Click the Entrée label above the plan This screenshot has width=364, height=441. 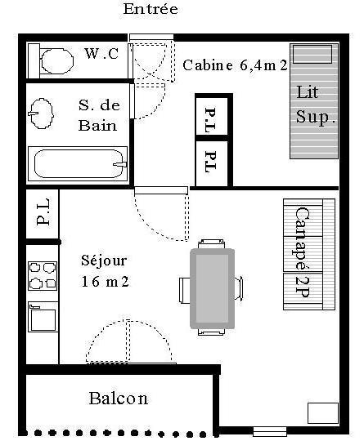(151, 9)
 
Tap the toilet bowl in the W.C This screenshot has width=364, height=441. (57, 61)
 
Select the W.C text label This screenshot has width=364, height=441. (101, 53)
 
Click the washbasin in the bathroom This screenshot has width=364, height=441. (42, 114)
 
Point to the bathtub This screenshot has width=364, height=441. (78, 163)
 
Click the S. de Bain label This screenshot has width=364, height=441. (99, 115)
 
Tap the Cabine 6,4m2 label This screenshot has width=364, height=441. (235, 65)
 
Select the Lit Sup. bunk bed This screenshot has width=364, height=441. (314, 101)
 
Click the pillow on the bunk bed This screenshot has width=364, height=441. (312, 54)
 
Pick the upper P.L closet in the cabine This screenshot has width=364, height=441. (212, 117)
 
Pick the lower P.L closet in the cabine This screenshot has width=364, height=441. (212, 163)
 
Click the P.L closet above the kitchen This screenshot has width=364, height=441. (43, 214)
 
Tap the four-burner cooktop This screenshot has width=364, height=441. (43, 276)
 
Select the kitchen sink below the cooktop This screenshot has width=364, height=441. (43, 317)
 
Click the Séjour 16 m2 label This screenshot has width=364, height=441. (105, 270)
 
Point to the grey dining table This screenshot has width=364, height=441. (213, 289)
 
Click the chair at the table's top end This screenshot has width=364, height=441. (211, 243)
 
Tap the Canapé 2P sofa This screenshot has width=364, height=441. (309, 254)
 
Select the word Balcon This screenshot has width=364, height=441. (119, 399)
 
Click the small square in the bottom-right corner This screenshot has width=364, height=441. (323, 413)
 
